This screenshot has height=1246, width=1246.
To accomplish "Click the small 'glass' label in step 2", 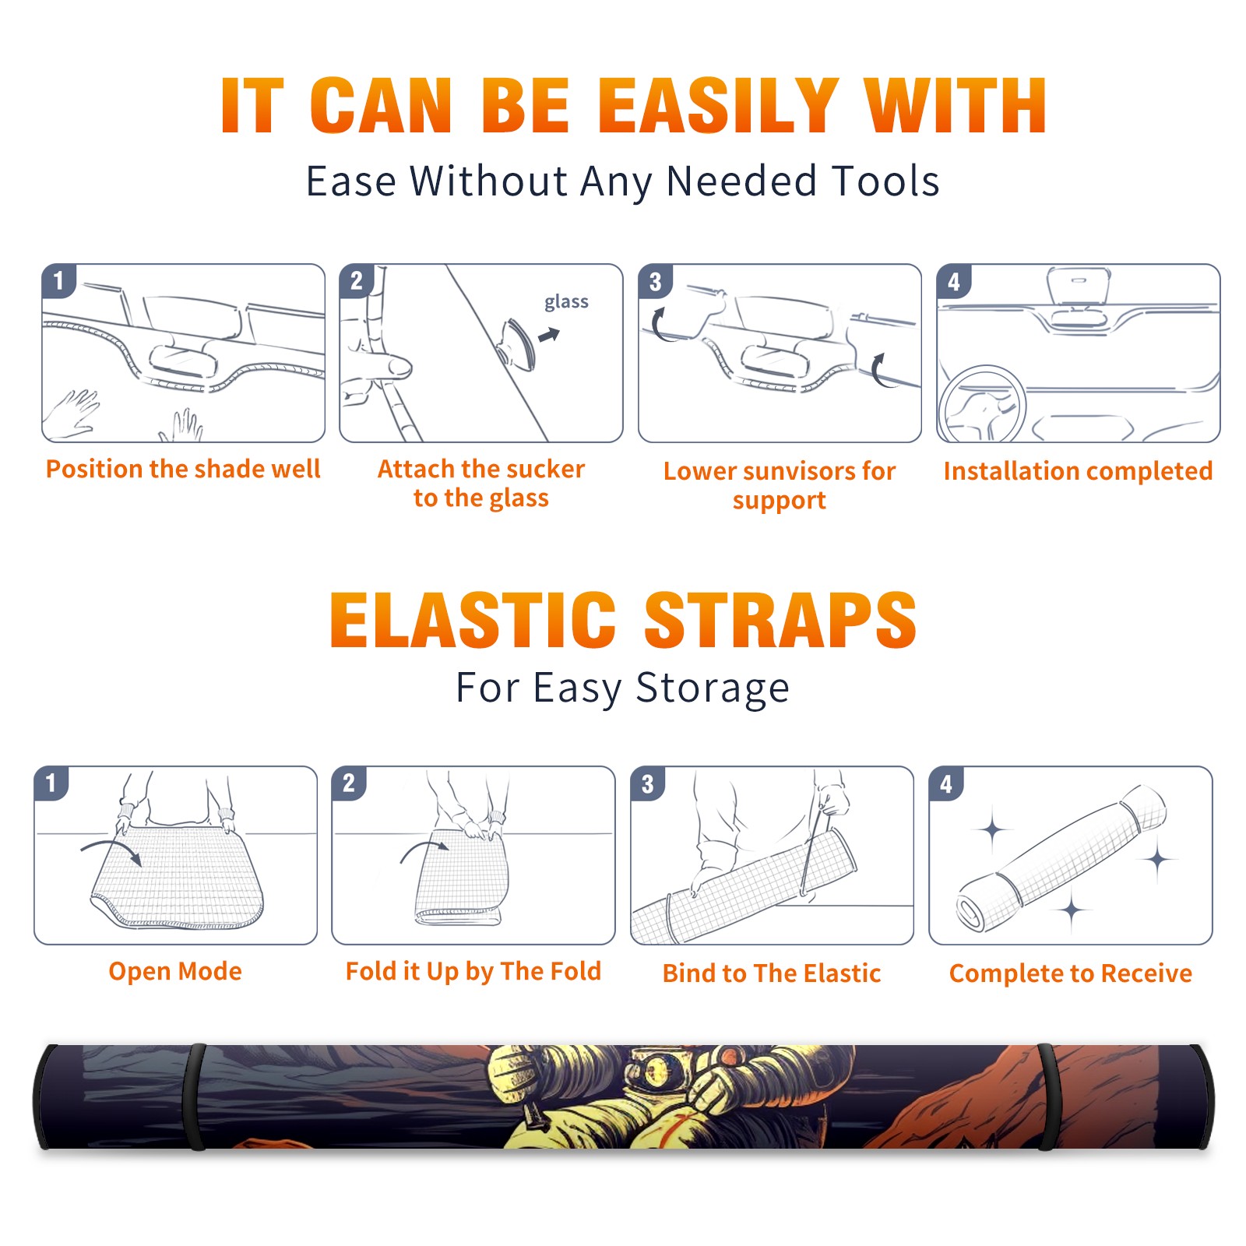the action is pyautogui.click(x=566, y=302).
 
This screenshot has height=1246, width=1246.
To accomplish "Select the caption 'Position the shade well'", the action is pyautogui.click(x=183, y=469).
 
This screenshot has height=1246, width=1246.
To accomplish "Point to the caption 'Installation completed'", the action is pyautogui.click(x=1078, y=470).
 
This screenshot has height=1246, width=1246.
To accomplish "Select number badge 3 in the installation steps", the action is pyautogui.click(x=655, y=281).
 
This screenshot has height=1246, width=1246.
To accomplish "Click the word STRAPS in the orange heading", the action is pyautogui.click(x=780, y=620).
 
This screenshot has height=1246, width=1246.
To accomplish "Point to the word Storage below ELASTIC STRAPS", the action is pyautogui.click(x=713, y=688).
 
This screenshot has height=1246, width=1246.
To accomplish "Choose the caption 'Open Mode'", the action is pyautogui.click(x=175, y=971).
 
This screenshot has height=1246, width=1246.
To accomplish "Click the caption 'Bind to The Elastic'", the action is pyautogui.click(x=772, y=973).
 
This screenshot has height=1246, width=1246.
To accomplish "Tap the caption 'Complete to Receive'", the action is pyautogui.click(x=1071, y=973).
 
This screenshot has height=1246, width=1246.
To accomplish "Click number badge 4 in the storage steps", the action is pyautogui.click(x=946, y=783).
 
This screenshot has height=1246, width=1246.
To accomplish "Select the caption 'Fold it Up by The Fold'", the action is pyautogui.click(x=473, y=971).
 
